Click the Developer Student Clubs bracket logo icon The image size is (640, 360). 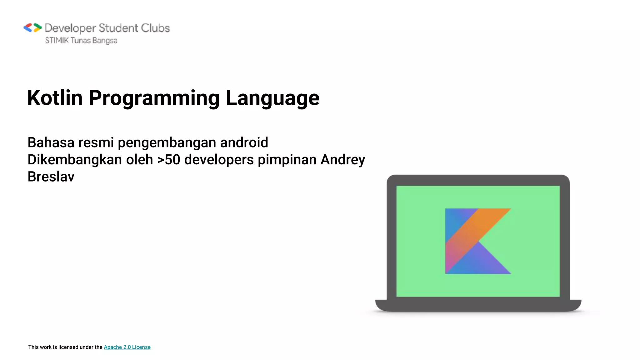(x=32, y=28)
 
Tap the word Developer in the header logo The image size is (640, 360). (x=70, y=28)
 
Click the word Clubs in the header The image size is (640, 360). (x=155, y=28)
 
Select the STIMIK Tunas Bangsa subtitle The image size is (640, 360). (x=81, y=41)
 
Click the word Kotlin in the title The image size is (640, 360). (x=55, y=98)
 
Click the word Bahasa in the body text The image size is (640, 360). (x=51, y=142)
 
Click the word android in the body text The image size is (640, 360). (x=244, y=142)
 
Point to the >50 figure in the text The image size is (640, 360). (x=169, y=160)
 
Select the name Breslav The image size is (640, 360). (x=51, y=177)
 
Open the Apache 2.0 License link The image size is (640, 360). (x=127, y=347)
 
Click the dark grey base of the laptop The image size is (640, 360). (x=478, y=305)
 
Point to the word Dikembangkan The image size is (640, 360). (x=75, y=160)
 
